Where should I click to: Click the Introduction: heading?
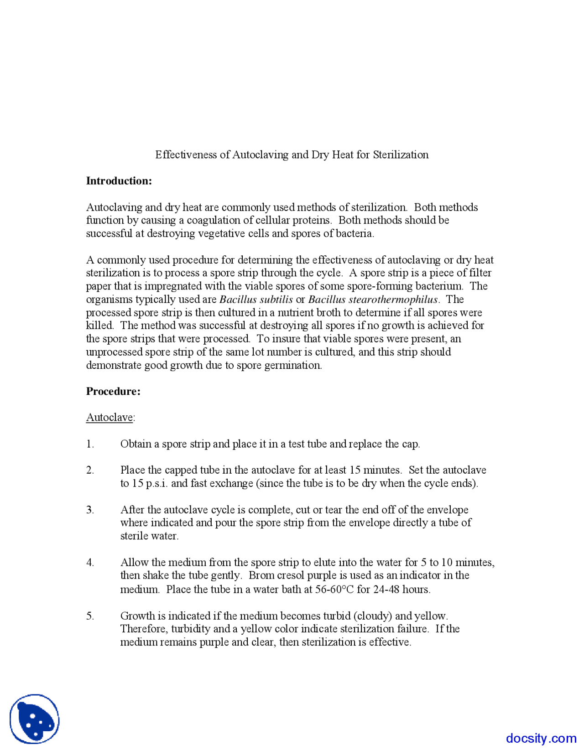pyautogui.click(x=119, y=181)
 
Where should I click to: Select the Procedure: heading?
pyautogui.click(x=113, y=391)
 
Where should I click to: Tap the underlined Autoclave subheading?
pyautogui.click(x=109, y=418)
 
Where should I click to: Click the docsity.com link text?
pyautogui.click(x=541, y=738)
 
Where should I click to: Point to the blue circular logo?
pyautogui.click(x=35, y=719)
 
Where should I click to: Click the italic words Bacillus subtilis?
pyautogui.click(x=256, y=300)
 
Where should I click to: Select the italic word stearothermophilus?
pyautogui.click(x=393, y=300)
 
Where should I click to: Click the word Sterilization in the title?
pyautogui.click(x=401, y=155)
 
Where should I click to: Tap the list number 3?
pyautogui.click(x=90, y=510)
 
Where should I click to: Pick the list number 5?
pyautogui.click(x=90, y=616)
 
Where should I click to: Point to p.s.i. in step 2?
pyautogui.click(x=156, y=483)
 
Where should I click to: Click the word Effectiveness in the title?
pyautogui.click(x=186, y=155)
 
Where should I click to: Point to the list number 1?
pyautogui.click(x=90, y=444)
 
